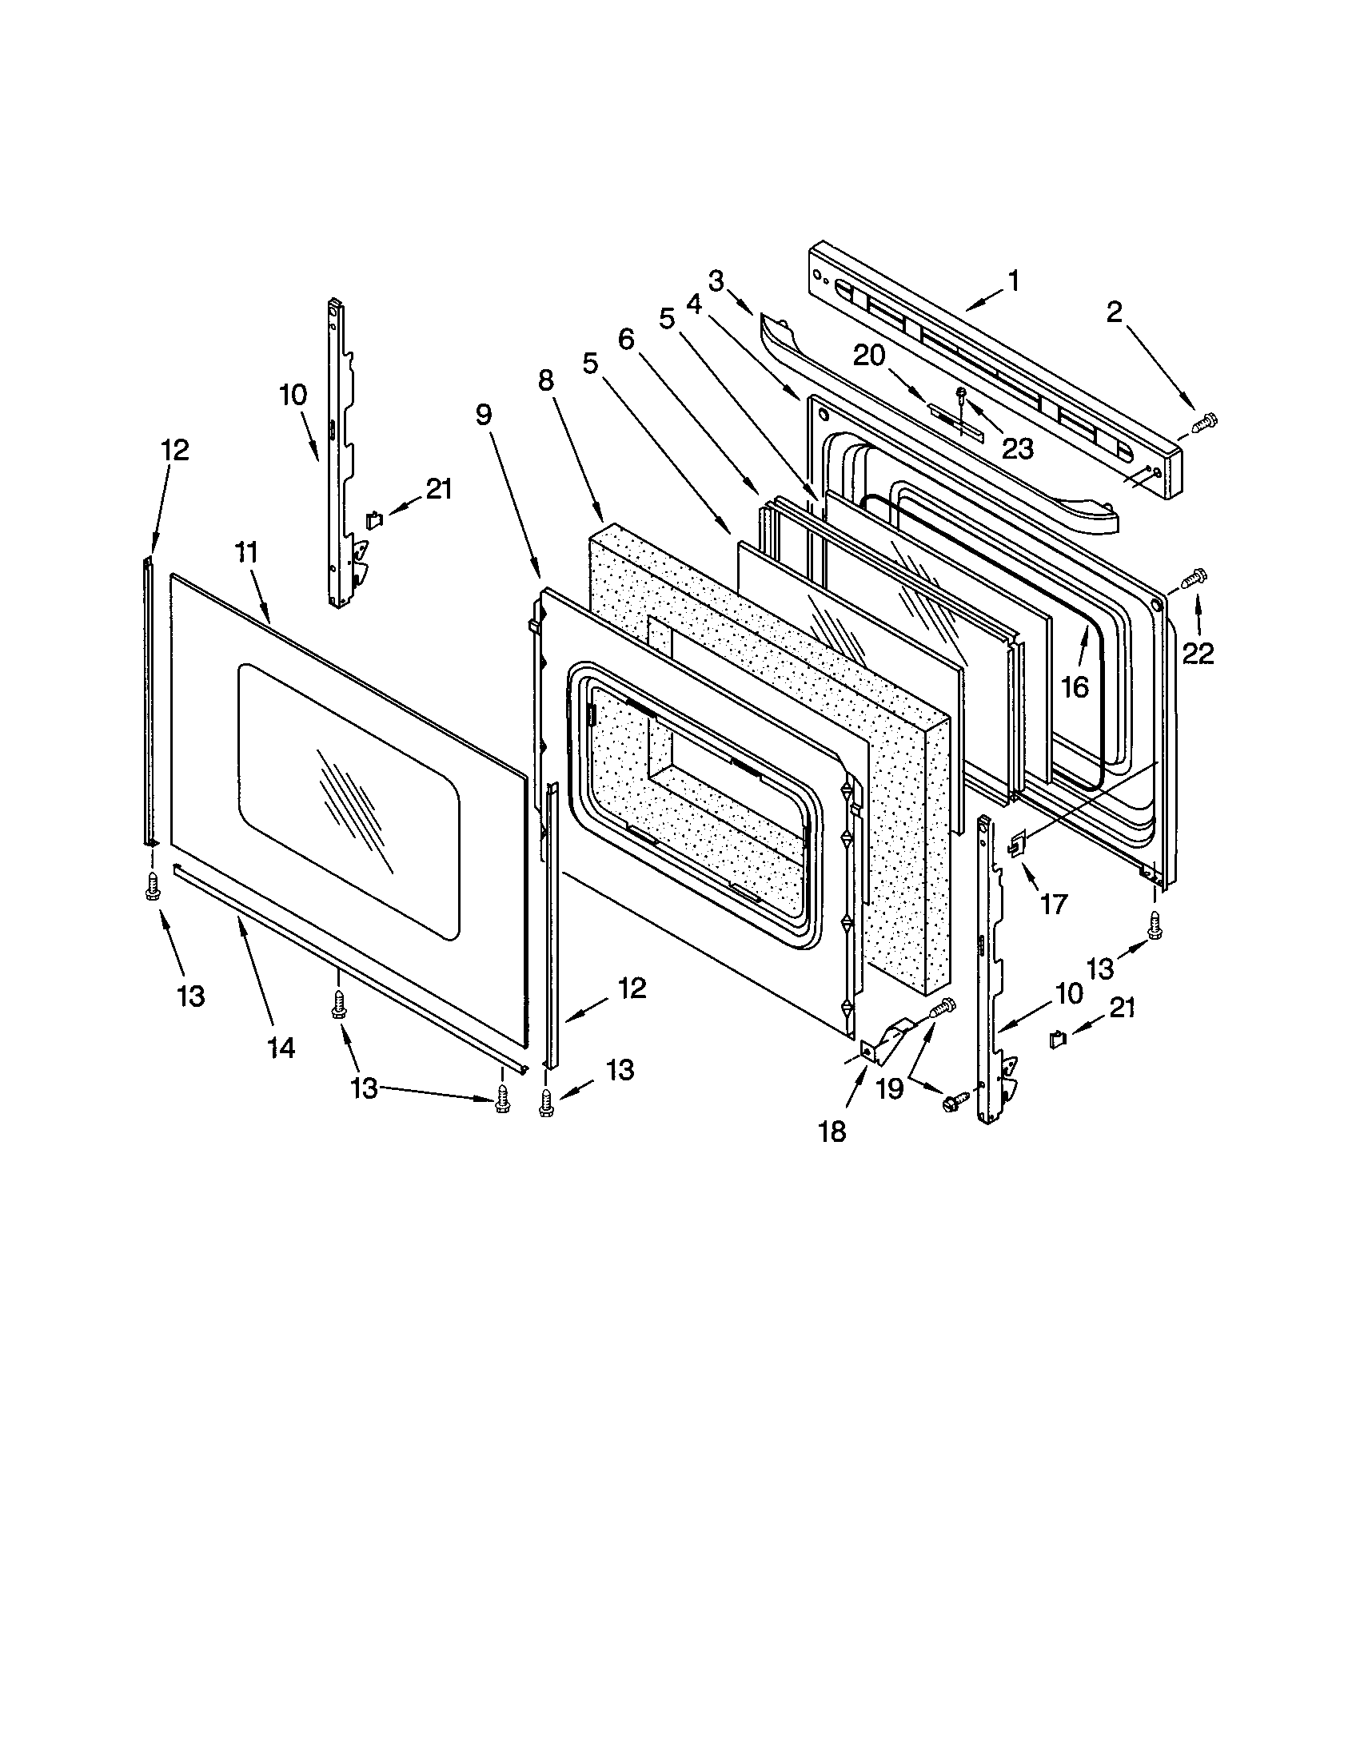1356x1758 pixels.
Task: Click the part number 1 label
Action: [x=1013, y=281]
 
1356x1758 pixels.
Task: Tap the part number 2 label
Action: [x=1114, y=312]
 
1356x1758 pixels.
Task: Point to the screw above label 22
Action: [x=1193, y=577]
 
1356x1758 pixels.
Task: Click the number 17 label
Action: [x=1053, y=905]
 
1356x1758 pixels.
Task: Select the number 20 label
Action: [x=869, y=355]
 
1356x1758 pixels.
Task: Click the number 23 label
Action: [x=1016, y=448]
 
